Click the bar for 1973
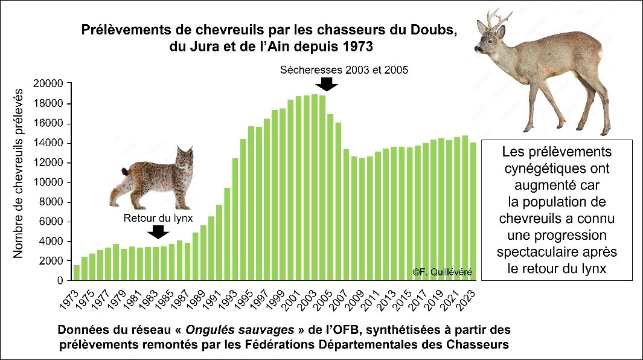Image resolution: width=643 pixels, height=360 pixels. [77, 273]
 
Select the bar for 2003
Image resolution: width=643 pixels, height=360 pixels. [315, 188]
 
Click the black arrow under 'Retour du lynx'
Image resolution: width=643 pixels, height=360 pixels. [158, 231]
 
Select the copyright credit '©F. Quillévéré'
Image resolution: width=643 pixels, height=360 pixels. [442, 273]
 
